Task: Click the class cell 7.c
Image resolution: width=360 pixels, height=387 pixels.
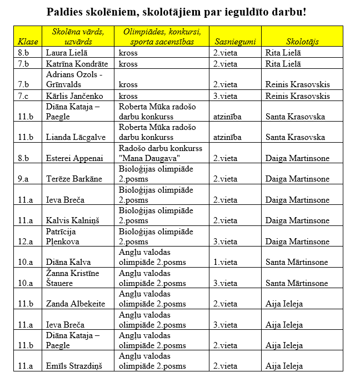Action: tap(23, 96)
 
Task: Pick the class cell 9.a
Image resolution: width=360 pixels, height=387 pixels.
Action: tap(23, 179)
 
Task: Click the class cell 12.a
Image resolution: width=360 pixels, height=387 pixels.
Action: tap(25, 242)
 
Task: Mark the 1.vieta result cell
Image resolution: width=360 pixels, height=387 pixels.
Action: tap(225, 262)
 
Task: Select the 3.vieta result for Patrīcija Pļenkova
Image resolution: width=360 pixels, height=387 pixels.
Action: tap(225, 242)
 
